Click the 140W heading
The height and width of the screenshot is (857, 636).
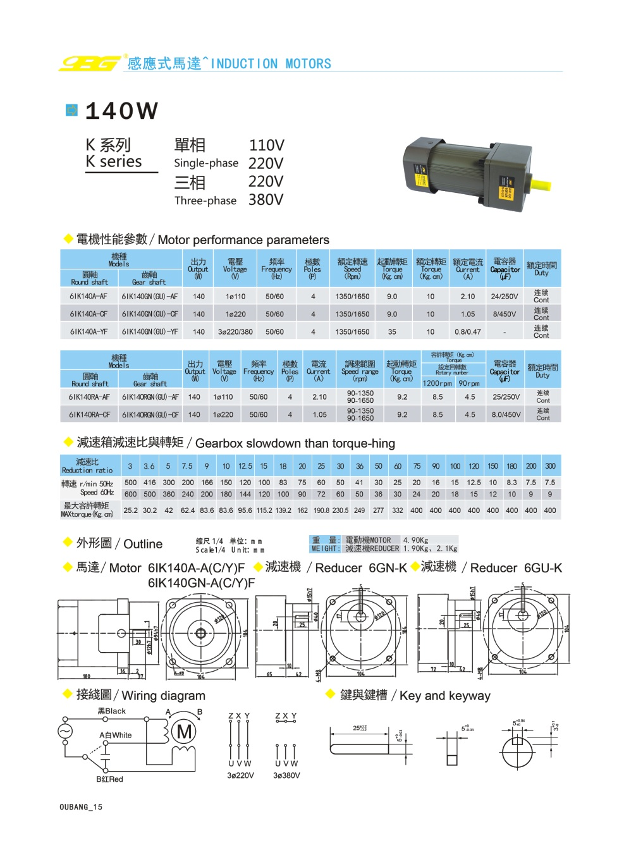[121, 111]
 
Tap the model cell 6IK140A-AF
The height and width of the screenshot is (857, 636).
[89, 296]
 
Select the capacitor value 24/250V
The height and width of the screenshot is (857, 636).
[504, 296]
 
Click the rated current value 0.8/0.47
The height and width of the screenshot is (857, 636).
[467, 331]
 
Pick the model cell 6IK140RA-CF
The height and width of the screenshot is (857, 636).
[89, 415]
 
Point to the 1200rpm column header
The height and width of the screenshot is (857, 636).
[437, 383]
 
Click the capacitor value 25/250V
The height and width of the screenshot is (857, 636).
[506, 397]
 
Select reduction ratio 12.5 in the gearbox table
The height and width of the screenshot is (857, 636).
[245, 466]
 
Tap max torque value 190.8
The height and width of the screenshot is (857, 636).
[321, 510]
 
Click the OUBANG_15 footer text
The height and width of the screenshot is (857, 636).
[81, 807]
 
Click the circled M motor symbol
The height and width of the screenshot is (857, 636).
[185, 732]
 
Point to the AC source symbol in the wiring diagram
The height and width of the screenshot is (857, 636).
[65, 731]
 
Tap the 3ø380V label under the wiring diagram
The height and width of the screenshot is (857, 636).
[286, 775]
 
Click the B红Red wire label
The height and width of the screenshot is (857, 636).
[109, 779]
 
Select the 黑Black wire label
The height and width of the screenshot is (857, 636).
[111, 711]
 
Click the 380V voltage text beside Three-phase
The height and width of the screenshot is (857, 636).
[266, 200]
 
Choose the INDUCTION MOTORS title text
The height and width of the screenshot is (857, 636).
[271, 64]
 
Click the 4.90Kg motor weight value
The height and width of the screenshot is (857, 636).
[415, 540]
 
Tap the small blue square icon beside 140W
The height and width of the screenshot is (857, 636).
[72, 110]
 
